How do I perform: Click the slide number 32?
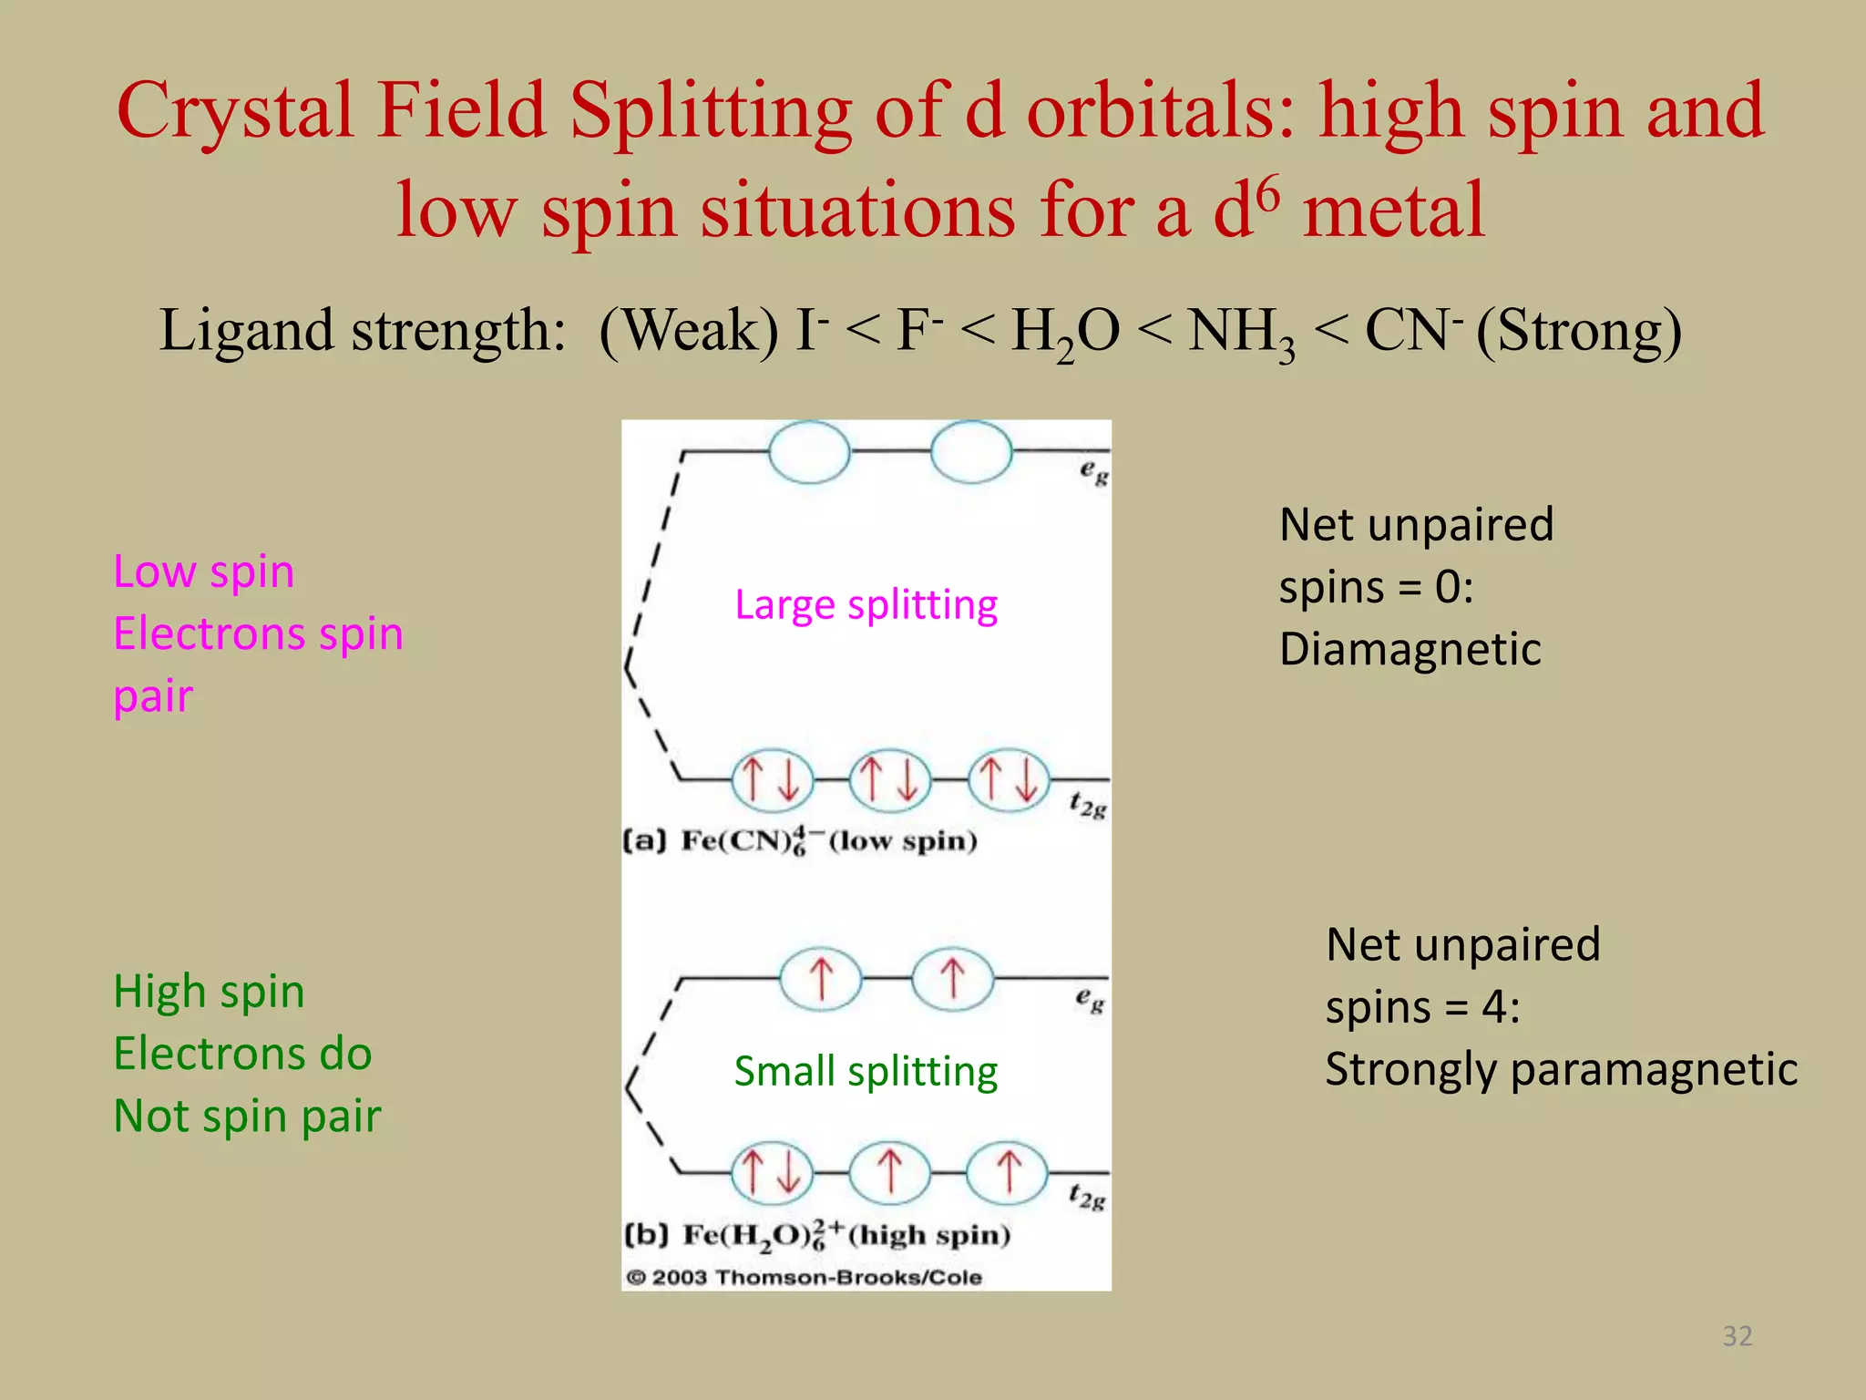click(1737, 1335)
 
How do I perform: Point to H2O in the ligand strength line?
click(1064, 332)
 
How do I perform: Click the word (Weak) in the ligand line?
click(689, 330)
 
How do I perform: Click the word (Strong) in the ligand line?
click(1579, 330)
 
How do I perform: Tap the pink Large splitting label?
click(866, 605)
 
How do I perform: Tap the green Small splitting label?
click(866, 1071)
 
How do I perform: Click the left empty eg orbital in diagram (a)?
click(809, 451)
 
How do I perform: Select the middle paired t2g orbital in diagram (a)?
click(889, 780)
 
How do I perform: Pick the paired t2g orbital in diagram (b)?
click(773, 1172)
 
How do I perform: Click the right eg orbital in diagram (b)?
click(952, 979)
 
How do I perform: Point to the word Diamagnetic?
click(1410, 650)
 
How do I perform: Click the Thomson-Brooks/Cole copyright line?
click(804, 1277)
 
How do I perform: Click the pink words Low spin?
click(203, 572)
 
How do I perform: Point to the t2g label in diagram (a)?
click(1087, 806)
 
